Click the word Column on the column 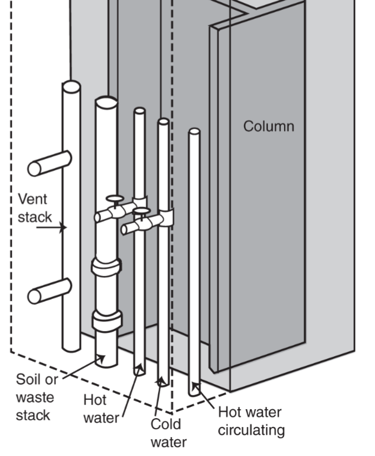point(268,126)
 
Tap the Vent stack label point(33,207)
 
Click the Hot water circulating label point(250,421)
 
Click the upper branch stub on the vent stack point(49,163)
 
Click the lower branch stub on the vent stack point(49,291)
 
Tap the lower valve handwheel point(142,211)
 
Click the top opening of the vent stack point(71,87)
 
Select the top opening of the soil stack point(106,103)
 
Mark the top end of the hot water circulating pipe point(194,132)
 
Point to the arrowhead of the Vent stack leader point(65,227)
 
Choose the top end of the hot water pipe point(139,111)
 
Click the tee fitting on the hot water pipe point(139,205)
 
